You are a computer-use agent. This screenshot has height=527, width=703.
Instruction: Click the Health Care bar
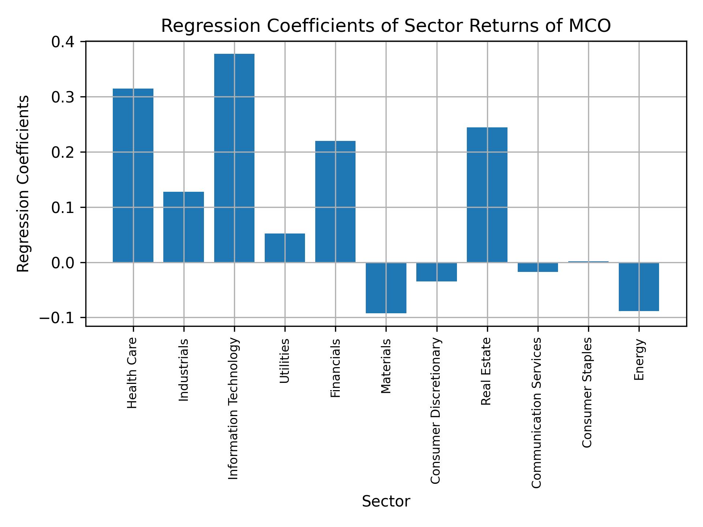click(133, 176)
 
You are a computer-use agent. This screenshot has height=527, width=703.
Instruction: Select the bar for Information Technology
click(234, 158)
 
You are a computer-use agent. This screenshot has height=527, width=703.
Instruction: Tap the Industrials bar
click(183, 227)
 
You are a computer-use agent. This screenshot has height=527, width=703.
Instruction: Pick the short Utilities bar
click(285, 248)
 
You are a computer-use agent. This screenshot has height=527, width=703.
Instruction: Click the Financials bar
click(335, 201)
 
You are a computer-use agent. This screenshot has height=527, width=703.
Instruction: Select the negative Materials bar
click(386, 288)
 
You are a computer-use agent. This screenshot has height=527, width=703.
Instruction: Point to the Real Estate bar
click(487, 195)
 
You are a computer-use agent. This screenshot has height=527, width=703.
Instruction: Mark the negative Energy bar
click(639, 287)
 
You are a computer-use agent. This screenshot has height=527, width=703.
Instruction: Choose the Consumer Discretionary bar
click(436, 272)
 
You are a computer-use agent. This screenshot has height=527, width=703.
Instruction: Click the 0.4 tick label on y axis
click(63, 42)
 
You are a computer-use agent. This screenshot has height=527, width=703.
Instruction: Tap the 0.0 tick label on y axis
click(63, 263)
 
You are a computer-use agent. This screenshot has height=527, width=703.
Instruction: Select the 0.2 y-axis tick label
click(63, 152)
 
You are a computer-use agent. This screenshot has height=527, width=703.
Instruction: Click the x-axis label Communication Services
click(536, 413)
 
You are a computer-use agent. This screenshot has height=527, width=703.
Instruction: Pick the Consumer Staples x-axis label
click(587, 392)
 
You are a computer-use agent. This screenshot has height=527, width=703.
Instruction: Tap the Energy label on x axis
click(639, 360)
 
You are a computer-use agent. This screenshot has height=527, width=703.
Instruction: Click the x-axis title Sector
click(386, 501)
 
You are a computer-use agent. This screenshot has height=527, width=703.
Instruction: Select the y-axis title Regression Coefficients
click(23, 184)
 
